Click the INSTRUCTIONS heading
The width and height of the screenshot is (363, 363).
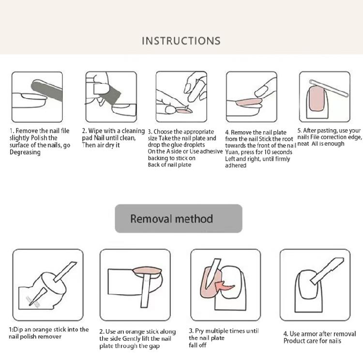(x=181, y=41)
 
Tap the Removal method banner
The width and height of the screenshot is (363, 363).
(x=179, y=218)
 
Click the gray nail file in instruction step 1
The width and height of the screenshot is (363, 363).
(x=46, y=90)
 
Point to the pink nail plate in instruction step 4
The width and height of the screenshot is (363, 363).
(x=249, y=102)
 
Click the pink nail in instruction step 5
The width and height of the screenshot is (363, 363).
(x=316, y=98)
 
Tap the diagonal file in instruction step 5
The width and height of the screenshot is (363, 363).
(x=329, y=88)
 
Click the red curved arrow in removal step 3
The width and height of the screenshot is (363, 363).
(x=224, y=286)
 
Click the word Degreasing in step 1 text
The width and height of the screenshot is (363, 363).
(x=25, y=152)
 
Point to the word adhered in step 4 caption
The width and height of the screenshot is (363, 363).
(x=235, y=166)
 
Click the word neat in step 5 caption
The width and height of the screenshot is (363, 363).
(x=303, y=144)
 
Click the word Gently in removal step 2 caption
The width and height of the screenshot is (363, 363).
(x=131, y=339)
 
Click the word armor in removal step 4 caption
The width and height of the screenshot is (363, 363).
(x=310, y=334)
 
